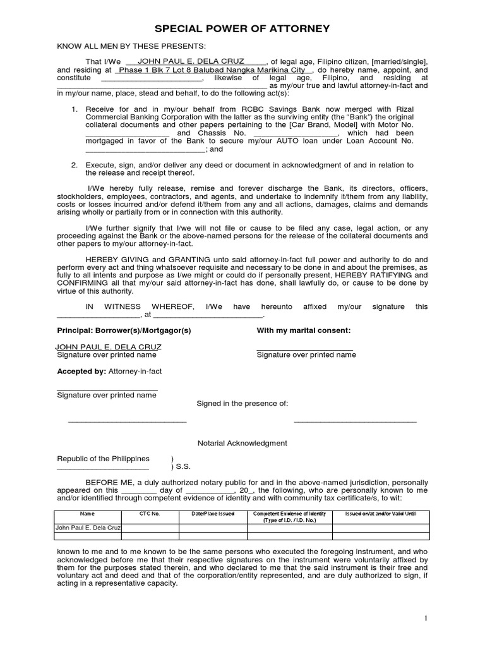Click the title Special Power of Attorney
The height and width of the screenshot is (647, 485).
tap(242, 28)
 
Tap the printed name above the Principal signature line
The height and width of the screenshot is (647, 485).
tap(109, 347)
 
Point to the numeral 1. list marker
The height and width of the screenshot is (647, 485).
tap(75, 109)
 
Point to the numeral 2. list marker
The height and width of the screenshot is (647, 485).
tap(75, 165)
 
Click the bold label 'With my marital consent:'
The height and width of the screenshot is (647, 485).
tap(304, 330)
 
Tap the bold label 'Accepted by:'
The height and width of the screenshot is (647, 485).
tap(81, 372)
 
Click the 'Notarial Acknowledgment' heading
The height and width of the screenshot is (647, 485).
tap(242, 444)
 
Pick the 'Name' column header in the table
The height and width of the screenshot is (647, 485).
tap(88, 514)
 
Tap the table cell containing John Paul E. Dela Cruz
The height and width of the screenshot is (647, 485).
tap(88, 527)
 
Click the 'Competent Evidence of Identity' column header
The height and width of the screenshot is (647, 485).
tap(287, 514)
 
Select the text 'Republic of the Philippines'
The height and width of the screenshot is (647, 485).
tap(104, 459)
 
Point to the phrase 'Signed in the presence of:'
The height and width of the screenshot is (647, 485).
tap(242, 402)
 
